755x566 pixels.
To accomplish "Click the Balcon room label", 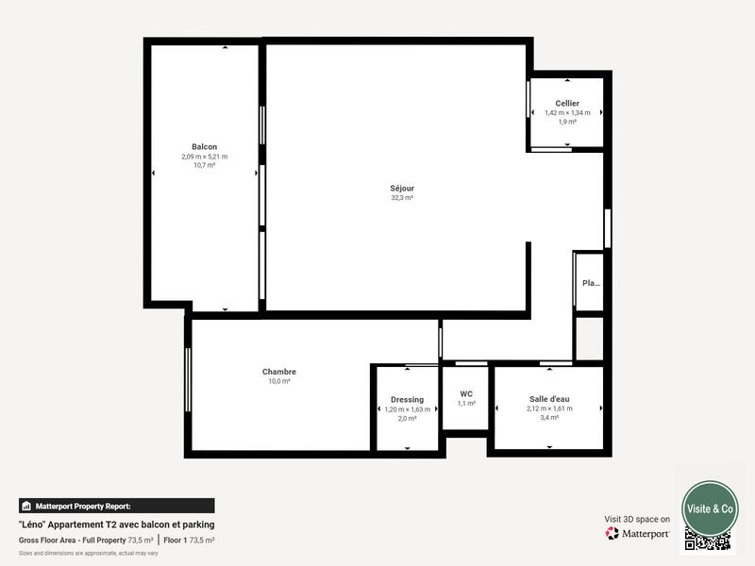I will click(x=204, y=146).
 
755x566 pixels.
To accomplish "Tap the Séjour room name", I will click(x=402, y=188).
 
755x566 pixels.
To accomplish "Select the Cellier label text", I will click(x=567, y=103).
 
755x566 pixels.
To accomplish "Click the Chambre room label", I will click(x=279, y=372).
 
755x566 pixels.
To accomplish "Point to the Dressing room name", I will click(x=407, y=399).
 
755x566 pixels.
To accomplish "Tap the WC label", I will click(x=466, y=393).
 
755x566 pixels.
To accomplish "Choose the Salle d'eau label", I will click(x=548, y=399).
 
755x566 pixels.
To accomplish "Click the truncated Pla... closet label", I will click(x=591, y=283).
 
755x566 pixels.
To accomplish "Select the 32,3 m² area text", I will click(x=402, y=198).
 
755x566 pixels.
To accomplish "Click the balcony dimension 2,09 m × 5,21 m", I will click(x=204, y=157).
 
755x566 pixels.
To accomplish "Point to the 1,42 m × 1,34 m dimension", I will click(x=567, y=112).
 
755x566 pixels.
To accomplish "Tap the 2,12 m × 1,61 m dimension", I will click(x=549, y=408).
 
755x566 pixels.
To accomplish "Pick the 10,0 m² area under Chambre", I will click(x=279, y=381).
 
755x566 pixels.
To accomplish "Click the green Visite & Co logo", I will click(x=710, y=508).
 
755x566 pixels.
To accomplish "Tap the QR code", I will click(x=708, y=541).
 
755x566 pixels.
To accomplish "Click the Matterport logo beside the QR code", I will click(x=638, y=533).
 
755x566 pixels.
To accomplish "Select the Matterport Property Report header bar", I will click(x=116, y=506).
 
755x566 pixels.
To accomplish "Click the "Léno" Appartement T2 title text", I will click(x=116, y=524).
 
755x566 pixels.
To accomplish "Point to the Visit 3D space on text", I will click(x=637, y=519).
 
